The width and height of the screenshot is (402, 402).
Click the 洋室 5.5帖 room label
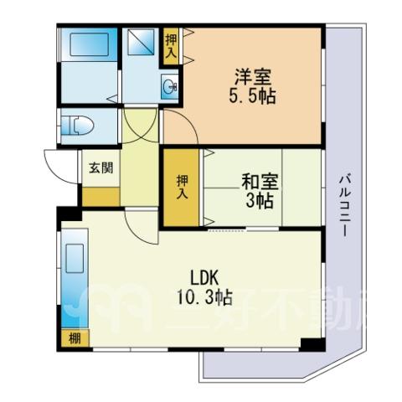tap(252, 86)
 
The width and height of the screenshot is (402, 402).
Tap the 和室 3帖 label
tap(260, 192)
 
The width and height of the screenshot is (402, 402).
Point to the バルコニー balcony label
tap(345, 205)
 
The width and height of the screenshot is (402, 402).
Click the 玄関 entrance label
tap(101, 168)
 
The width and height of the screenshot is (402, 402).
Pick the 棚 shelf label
tap(75, 339)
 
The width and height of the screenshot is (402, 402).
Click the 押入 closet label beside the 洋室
tap(171, 46)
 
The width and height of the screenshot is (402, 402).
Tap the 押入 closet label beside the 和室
tap(182, 187)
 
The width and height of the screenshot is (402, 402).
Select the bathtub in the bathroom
tap(89, 44)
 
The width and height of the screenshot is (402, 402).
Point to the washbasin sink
tap(169, 86)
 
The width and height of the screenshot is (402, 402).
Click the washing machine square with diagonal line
tap(141, 42)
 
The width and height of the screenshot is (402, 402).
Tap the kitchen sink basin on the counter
tap(75, 259)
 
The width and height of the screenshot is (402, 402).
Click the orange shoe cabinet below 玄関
tap(100, 197)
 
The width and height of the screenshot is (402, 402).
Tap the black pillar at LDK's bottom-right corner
tap(312, 344)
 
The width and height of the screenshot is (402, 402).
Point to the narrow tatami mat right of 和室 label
tap(301, 188)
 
